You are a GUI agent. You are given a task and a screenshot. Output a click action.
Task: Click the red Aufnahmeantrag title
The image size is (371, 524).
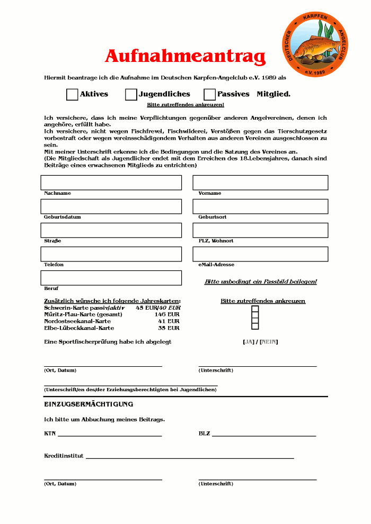(185, 56)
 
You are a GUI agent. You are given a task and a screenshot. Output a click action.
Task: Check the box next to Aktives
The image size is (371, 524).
(72, 95)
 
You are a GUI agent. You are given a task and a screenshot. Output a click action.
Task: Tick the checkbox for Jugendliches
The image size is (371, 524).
(131, 95)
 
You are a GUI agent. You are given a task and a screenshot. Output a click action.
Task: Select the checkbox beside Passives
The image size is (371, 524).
(209, 95)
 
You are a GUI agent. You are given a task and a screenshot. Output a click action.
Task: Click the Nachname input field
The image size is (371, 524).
(111, 183)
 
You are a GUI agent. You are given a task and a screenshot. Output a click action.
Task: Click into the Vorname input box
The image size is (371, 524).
(260, 183)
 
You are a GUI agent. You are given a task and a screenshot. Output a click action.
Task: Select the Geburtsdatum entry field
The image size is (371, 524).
(111, 206)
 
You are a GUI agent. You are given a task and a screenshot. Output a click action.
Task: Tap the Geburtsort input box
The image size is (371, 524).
(260, 206)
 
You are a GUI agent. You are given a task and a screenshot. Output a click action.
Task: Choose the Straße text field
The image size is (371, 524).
(111, 230)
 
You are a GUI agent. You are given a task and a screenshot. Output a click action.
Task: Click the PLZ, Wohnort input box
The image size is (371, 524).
(260, 230)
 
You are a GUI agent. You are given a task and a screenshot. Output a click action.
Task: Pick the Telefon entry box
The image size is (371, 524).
(111, 254)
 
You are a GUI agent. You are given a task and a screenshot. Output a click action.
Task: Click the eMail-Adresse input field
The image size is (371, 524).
(260, 254)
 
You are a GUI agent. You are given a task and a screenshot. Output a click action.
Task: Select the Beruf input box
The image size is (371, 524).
(111, 278)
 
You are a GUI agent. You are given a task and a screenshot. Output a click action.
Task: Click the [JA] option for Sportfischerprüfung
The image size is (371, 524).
(249, 342)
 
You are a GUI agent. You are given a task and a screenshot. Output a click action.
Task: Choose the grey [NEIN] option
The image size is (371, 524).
(269, 342)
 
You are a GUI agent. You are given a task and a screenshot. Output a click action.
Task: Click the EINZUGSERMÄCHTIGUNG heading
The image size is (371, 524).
(89, 404)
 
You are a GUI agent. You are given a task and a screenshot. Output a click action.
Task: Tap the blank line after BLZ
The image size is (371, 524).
(264, 435)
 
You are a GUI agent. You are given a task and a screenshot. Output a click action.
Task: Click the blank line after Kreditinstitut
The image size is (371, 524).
(190, 457)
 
